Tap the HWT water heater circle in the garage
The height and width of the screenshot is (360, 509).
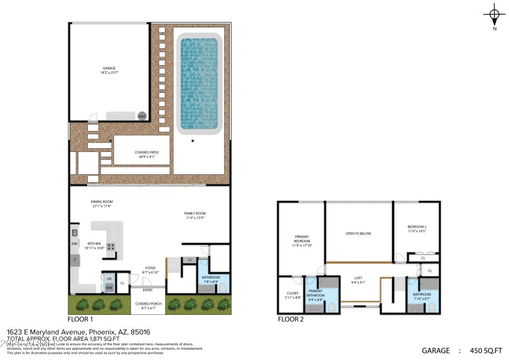142,116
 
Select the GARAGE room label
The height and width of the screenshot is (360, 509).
109,69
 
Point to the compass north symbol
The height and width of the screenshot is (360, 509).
494,15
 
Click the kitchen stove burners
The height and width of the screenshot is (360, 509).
111,247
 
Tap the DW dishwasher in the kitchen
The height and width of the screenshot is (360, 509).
74,244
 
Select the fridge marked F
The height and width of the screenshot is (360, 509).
74,260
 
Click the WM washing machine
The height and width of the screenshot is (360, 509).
109,288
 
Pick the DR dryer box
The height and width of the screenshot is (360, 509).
109,279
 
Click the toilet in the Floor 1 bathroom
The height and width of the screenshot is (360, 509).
222,287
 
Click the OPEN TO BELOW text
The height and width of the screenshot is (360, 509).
358,233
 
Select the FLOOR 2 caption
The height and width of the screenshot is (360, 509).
291,319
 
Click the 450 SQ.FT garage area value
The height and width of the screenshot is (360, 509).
485,350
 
